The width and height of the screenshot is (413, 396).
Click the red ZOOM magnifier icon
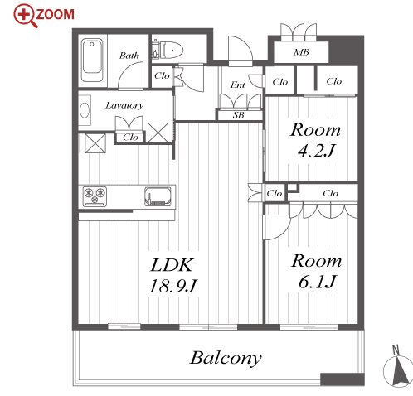(x=26, y=15)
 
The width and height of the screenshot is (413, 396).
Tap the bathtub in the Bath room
(x=92, y=60)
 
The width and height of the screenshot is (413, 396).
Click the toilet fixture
(x=168, y=50)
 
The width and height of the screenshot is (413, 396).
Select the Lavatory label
(x=124, y=105)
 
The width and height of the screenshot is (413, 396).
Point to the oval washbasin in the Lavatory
(x=85, y=110)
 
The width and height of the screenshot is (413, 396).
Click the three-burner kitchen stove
(x=95, y=196)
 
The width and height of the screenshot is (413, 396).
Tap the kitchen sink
(x=158, y=196)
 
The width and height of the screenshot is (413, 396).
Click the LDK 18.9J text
(x=172, y=275)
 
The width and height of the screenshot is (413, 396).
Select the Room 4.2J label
(x=315, y=140)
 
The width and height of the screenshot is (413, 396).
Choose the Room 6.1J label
(x=317, y=272)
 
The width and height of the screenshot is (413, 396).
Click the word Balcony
(x=226, y=358)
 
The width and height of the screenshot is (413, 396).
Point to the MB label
(x=301, y=52)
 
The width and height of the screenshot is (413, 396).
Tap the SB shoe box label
(x=239, y=115)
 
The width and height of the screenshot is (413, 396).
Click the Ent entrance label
(x=238, y=85)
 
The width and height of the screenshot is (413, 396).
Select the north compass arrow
(x=400, y=371)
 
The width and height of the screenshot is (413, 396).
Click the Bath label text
(x=129, y=56)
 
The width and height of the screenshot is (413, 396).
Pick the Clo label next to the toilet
(x=162, y=75)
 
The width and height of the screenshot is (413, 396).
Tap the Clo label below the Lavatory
(x=130, y=138)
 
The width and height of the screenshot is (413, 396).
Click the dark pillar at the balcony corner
(x=343, y=379)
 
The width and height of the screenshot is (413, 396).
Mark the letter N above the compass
(x=396, y=350)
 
